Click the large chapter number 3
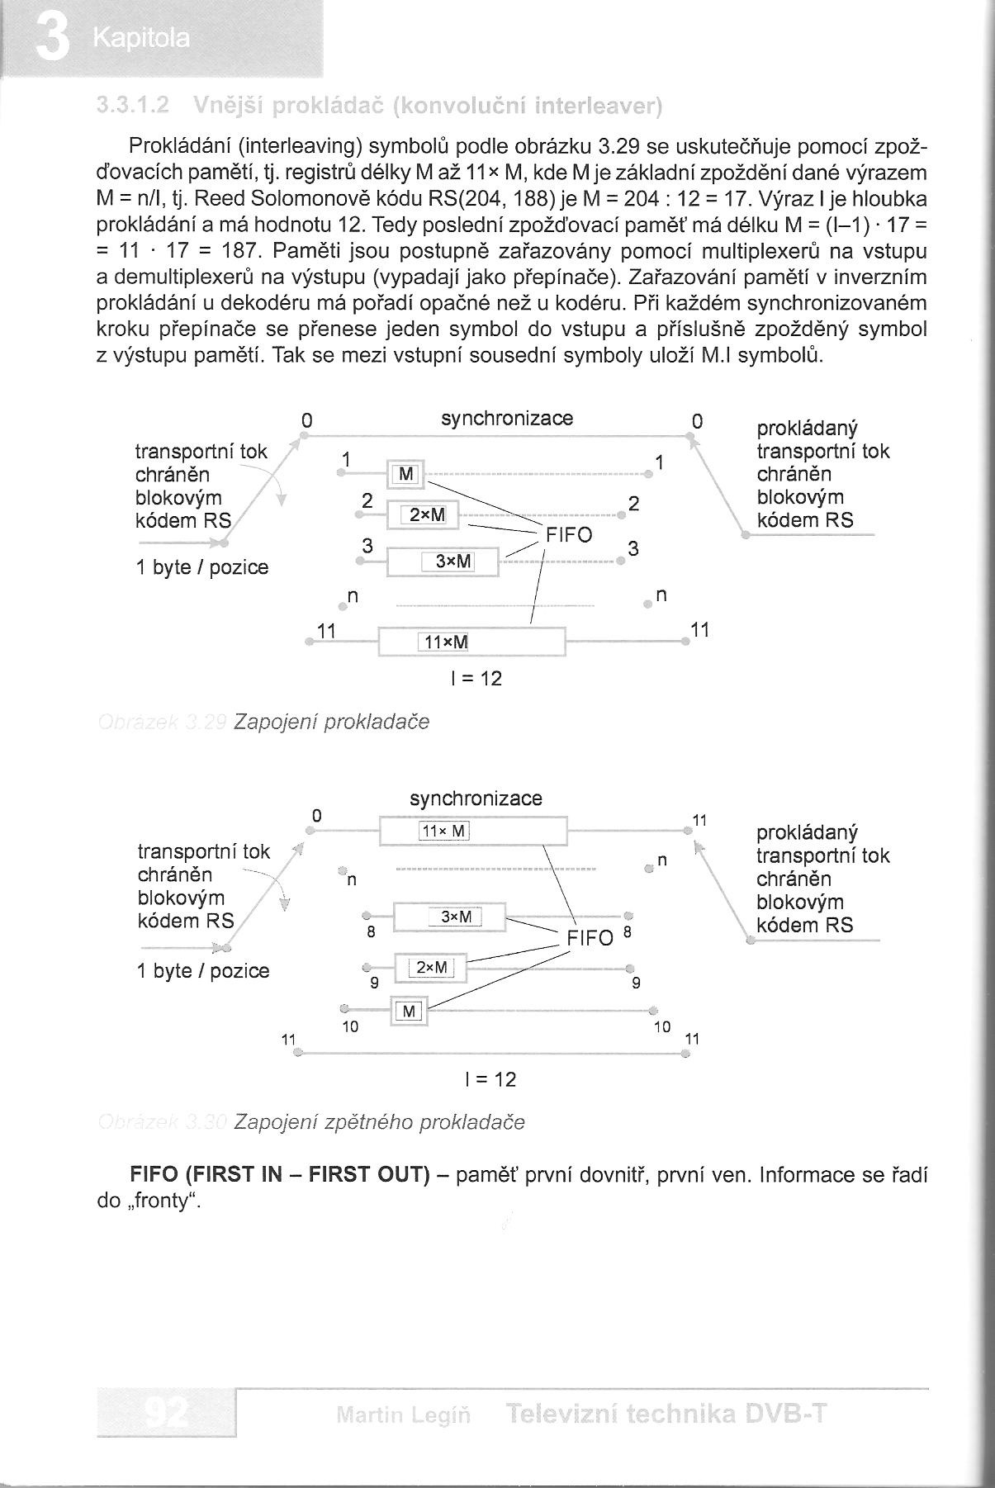[x=52, y=40]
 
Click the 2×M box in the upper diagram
[x=426, y=516]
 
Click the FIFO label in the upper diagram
[x=569, y=535]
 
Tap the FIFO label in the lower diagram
[x=590, y=938]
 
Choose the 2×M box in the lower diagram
[x=431, y=967]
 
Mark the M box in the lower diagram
[x=410, y=1010]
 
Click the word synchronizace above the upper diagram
[x=506, y=419]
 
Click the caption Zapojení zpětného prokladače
[x=379, y=1122]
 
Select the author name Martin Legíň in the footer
[x=404, y=1416]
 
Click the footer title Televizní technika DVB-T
[x=666, y=1415]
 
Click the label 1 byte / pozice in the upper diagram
[x=202, y=568]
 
